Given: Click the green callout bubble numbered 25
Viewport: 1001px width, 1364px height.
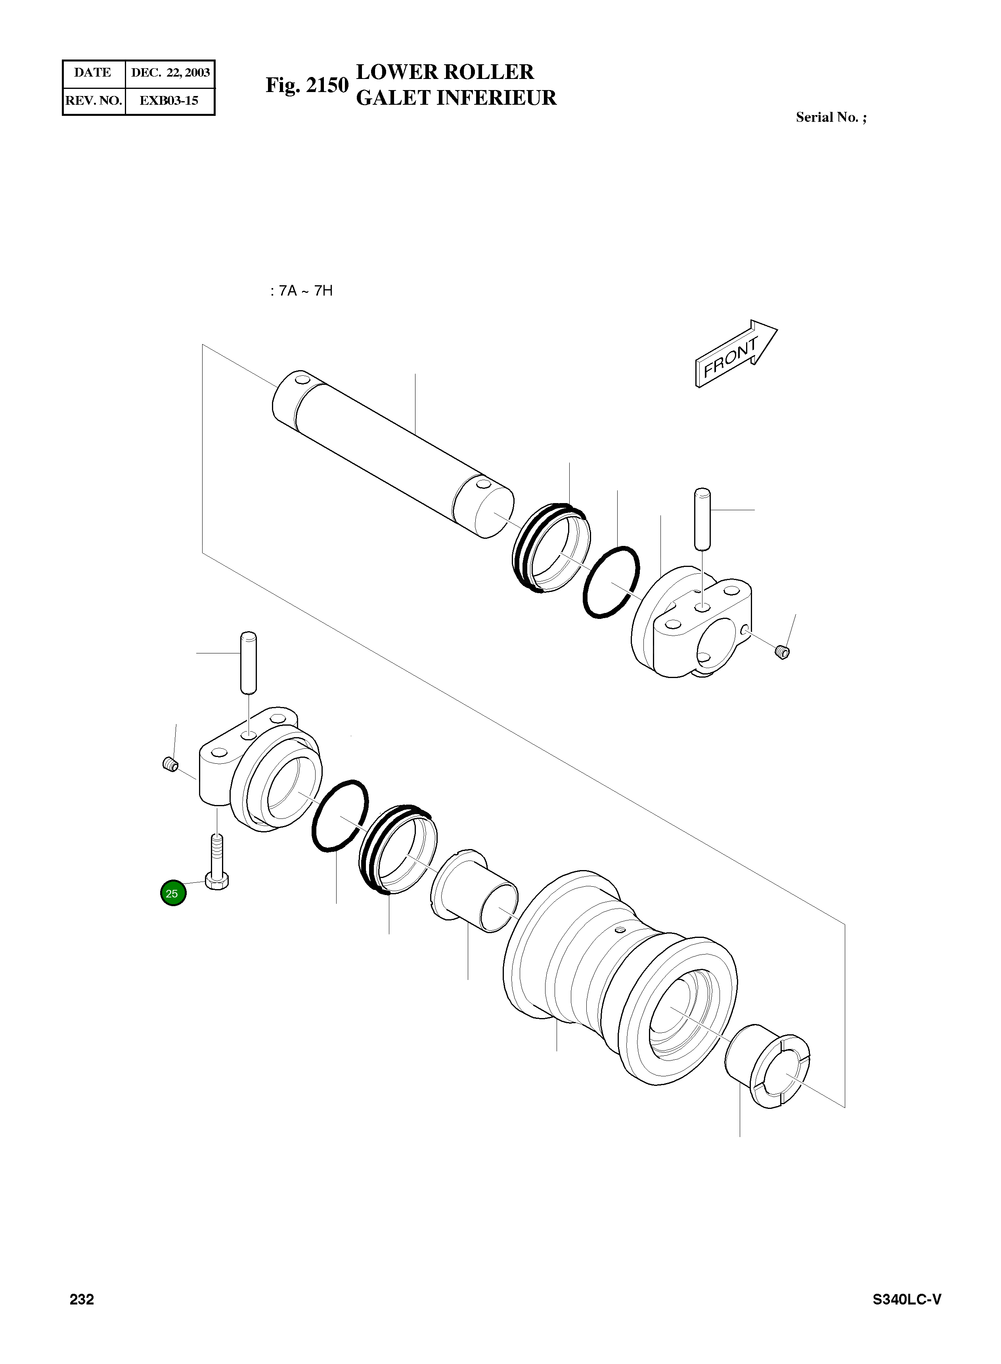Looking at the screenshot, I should (173, 893).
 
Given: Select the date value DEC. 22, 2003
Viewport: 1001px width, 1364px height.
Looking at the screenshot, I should (170, 73).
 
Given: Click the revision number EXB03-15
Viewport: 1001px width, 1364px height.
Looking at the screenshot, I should (168, 101).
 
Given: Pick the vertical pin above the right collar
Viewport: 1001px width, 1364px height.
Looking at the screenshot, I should (702, 518).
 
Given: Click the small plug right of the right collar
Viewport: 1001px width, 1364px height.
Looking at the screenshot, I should (782, 652).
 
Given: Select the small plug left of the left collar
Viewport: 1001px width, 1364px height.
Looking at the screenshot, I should (170, 765).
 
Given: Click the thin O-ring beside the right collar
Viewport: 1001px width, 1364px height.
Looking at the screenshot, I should (611, 582).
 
